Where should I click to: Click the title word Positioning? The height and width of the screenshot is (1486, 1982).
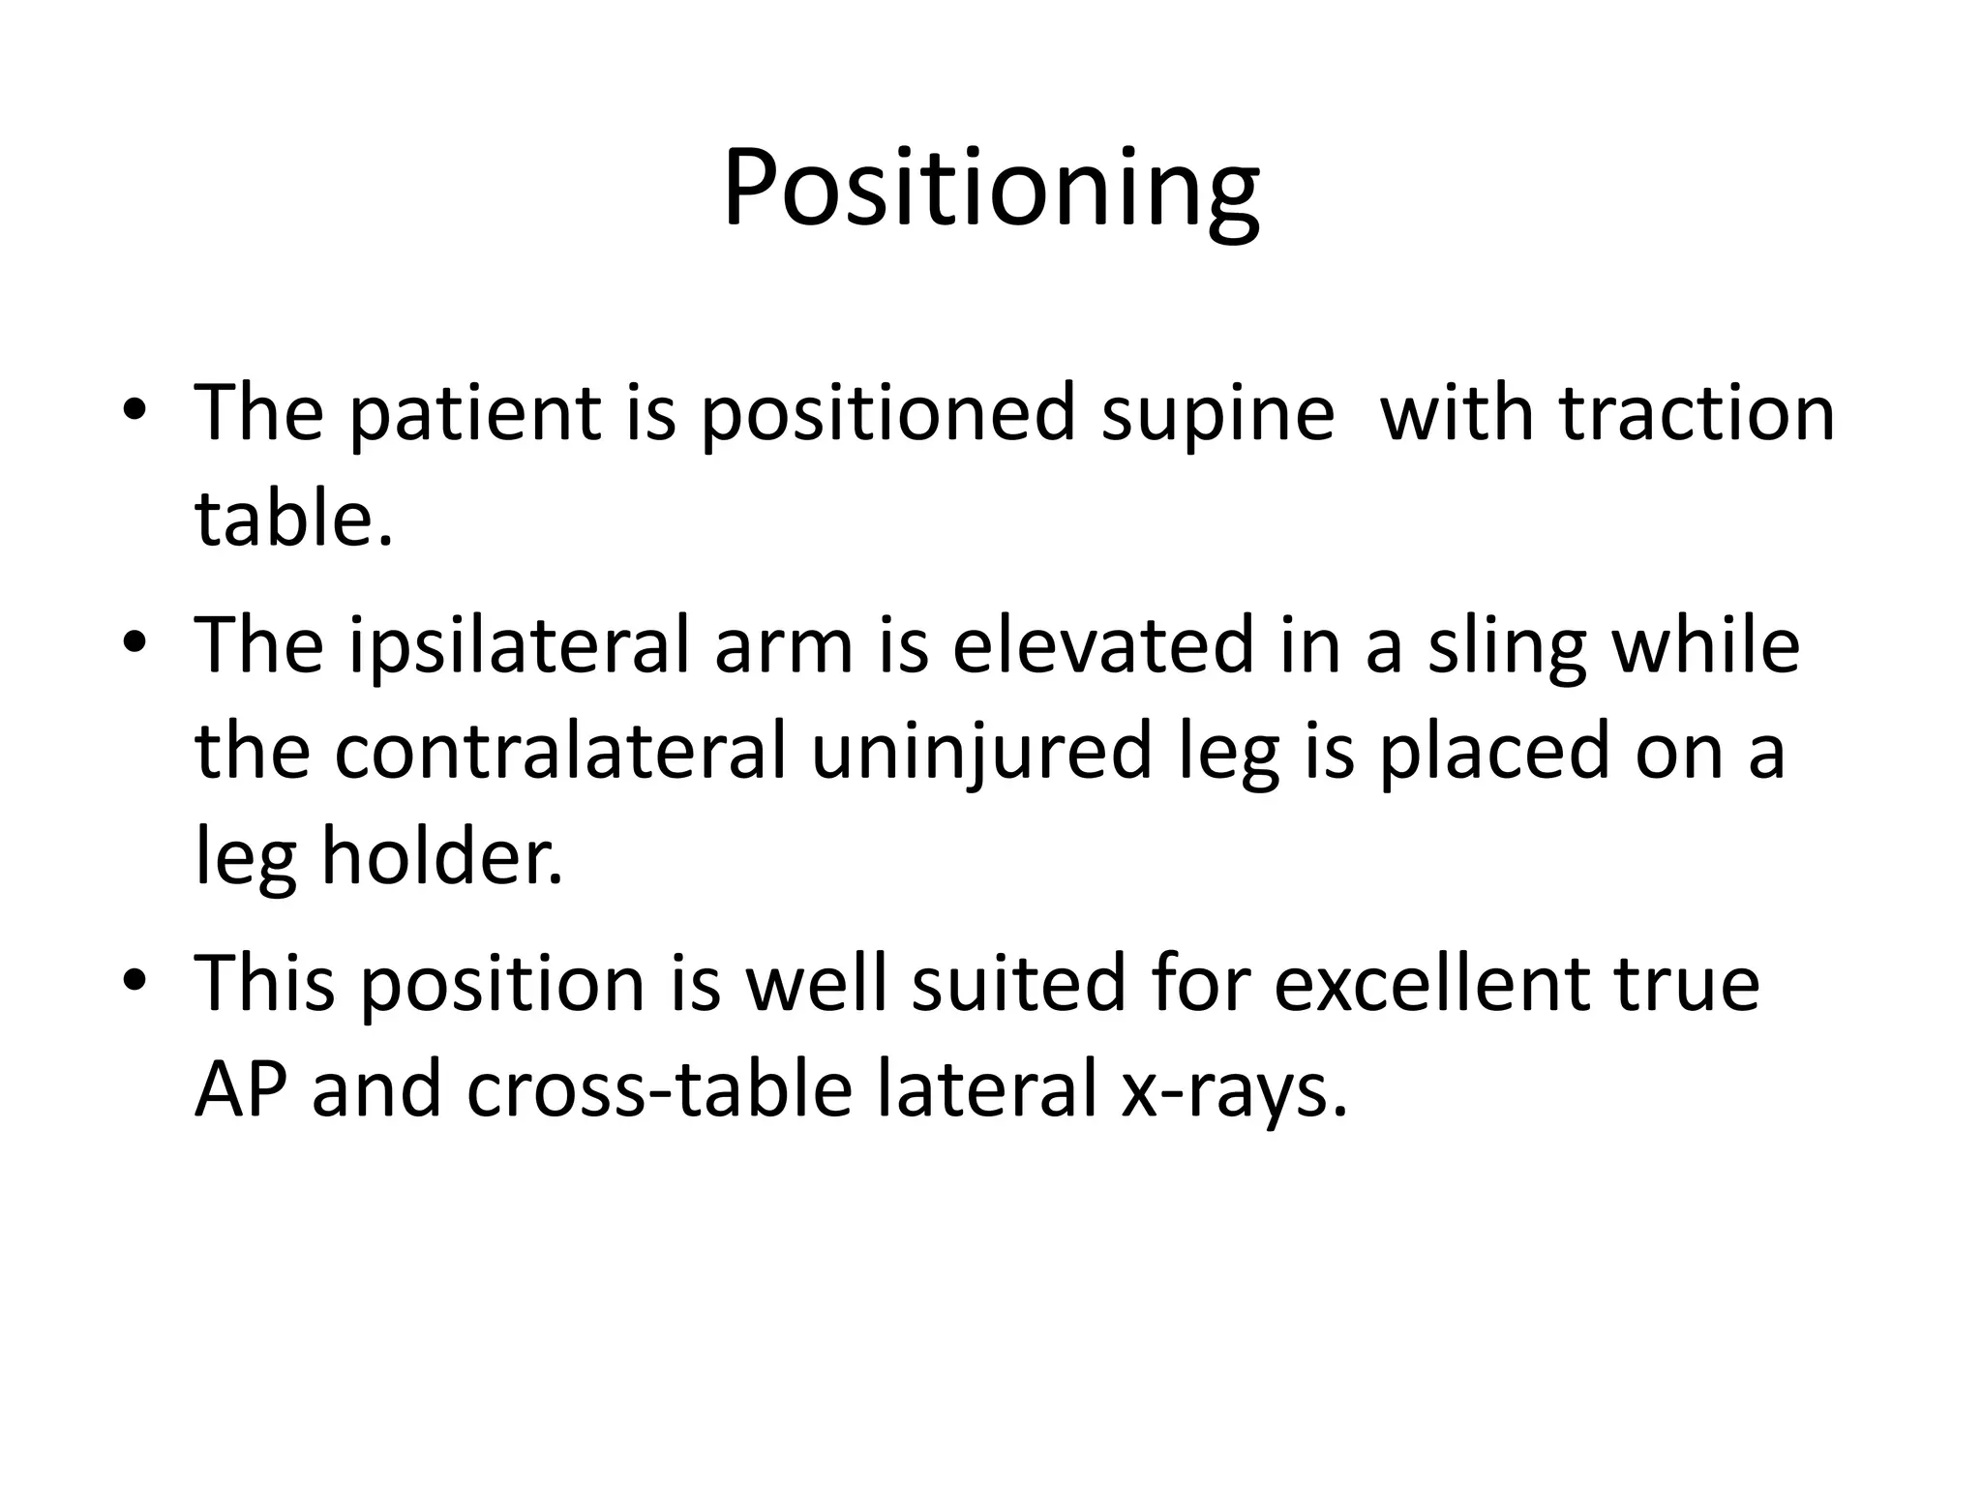(990, 190)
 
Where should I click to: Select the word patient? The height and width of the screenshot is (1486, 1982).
(472, 413)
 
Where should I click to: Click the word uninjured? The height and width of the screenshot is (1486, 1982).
(981, 753)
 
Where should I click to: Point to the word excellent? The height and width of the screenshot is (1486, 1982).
(1430, 984)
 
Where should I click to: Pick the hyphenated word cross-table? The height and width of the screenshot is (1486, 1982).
(659, 1089)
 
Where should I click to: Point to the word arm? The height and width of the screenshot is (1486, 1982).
(783, 646)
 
